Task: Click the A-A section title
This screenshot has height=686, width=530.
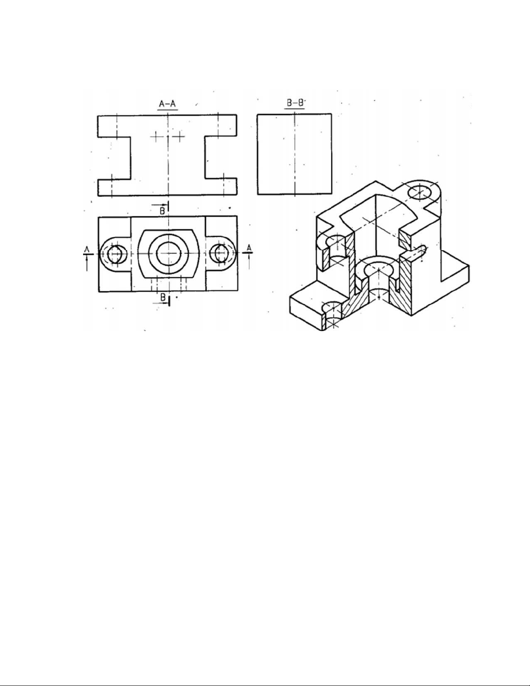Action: (x=167, y=104)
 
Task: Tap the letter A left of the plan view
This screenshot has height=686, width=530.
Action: (x=87, y=250)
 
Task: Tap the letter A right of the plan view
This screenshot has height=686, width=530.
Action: (x=249, y=248)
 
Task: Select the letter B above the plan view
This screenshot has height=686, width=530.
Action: (x=162, y=211)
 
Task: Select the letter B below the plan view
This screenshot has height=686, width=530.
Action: (x=163, y=297)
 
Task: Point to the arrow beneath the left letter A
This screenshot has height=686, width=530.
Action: (x=87, y=263)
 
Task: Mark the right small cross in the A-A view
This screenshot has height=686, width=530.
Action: (x=179, y=137)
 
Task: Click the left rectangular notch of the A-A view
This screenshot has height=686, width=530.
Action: (x=114, y=158)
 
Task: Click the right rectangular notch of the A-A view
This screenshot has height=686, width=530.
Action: (x=221, y=158)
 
